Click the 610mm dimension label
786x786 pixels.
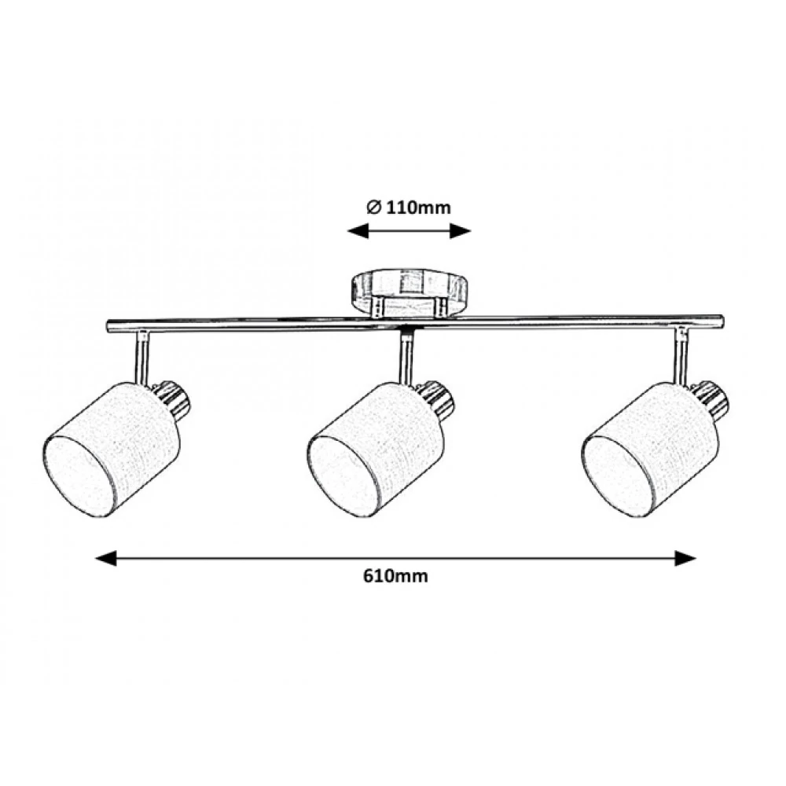pos(395,576)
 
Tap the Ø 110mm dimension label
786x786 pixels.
pos(409,207)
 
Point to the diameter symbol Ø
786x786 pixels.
pos(373,207)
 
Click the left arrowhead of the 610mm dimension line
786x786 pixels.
pos(106,558)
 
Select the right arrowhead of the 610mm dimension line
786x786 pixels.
pos(685,558)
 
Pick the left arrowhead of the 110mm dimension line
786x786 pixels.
pos(358,231)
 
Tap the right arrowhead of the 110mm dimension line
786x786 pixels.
pos(461,231)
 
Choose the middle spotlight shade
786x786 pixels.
pos(376,450)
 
